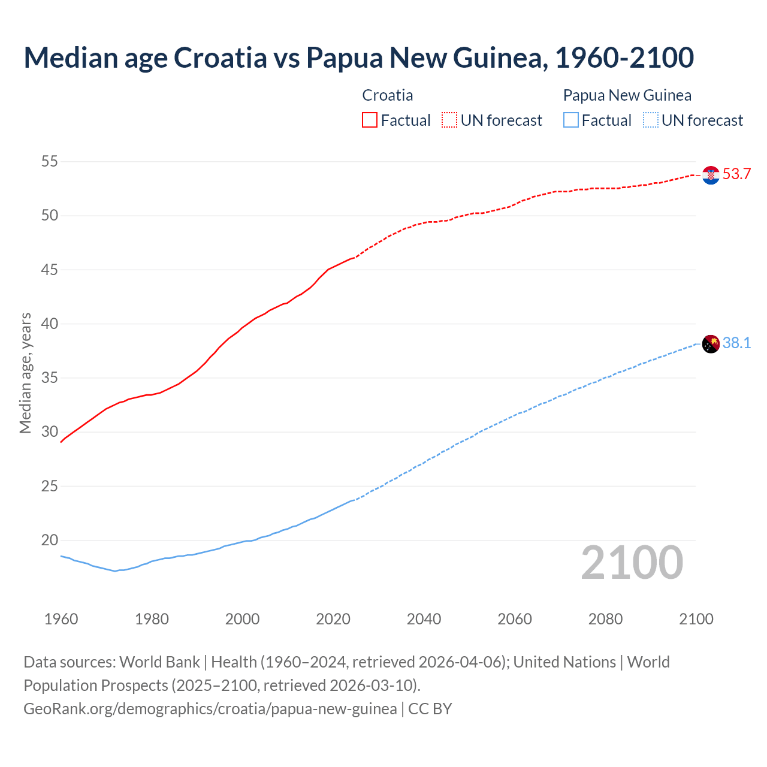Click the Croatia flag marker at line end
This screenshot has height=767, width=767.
tap(711, 175)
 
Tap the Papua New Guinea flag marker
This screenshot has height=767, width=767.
tap(711, 344)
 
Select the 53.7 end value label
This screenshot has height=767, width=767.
tap(736, 174)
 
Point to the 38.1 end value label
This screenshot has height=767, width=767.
tap(736, 343)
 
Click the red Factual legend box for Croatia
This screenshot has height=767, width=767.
tap(370, 120)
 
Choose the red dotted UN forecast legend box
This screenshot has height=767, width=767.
tap(449, 120)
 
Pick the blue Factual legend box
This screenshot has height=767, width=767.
tap(571, 120)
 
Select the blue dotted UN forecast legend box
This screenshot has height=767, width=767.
tap(650, 120)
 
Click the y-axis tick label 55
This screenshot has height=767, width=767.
tap(50, 161)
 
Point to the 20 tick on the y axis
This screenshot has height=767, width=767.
tap(50, 540)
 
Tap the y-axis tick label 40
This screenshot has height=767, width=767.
tap(50, 324)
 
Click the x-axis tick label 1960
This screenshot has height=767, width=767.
tap(61, 619)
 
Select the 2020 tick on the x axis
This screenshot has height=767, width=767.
tap(333, 619)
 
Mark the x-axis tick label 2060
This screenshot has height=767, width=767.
tap(515, 619)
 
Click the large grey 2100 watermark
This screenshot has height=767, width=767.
tap(632, 562)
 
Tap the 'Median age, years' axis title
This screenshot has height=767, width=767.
tap(25, 373)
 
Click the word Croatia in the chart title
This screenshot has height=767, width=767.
tap(220, 58)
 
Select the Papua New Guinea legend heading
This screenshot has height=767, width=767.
tap(627, 95)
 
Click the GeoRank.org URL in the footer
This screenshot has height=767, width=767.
tap(210, 709)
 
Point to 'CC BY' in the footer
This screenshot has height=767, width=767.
tap(430, 709)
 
